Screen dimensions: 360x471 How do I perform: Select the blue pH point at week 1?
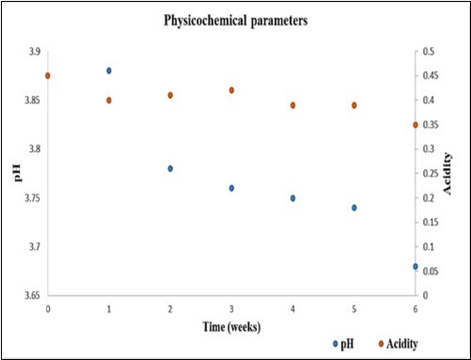109,70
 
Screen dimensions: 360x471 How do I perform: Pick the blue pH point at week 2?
170,168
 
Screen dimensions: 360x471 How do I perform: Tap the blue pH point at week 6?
415,266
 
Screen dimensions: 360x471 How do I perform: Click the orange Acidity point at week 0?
48,75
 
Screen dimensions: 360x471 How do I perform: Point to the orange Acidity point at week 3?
231,90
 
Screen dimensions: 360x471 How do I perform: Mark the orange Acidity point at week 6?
415,125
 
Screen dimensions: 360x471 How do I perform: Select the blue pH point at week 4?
292,198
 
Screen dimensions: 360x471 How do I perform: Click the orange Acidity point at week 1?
109,100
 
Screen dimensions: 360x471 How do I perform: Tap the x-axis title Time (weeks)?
232,326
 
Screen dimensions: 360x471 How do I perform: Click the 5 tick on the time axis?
353,308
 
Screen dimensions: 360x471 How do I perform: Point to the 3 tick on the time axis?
231,308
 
